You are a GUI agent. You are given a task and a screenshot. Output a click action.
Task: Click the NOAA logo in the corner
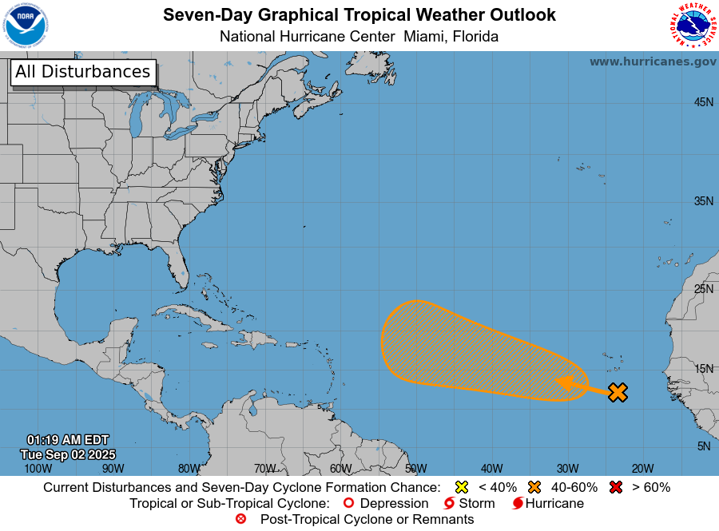pos(26,26)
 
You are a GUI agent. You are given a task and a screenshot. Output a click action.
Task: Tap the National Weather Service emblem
pos(692,26)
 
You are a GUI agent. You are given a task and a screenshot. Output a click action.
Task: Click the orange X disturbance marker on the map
pos(618,392)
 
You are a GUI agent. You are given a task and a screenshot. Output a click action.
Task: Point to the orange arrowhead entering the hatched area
pos(565,382)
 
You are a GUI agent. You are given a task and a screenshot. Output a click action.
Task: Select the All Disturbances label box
pos(82,72)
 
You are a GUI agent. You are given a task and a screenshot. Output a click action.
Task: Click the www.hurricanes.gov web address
pos(653,61)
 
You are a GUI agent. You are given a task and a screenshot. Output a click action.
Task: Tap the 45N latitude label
pos(703,102)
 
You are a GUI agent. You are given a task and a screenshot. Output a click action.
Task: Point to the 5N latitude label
pos(704,446)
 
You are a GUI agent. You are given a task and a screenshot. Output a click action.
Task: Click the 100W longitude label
pos(38,469)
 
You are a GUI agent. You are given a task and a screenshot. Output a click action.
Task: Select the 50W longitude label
pos(415,469)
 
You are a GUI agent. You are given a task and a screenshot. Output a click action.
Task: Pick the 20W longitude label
pos(642,469)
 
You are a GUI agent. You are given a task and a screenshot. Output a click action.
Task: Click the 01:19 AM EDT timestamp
pos(67,440)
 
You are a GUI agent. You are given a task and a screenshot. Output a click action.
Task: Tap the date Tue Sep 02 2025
pos(67,454)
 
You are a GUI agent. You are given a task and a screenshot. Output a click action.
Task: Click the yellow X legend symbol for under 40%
pos(461,487)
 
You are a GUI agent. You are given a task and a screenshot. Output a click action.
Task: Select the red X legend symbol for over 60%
pos(616,487)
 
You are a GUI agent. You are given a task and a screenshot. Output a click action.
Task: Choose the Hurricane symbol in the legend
pos(518,504)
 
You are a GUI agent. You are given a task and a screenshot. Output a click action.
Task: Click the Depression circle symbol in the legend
pos(348,504)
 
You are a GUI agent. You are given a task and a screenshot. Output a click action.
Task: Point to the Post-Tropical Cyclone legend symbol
pos(240,519)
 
